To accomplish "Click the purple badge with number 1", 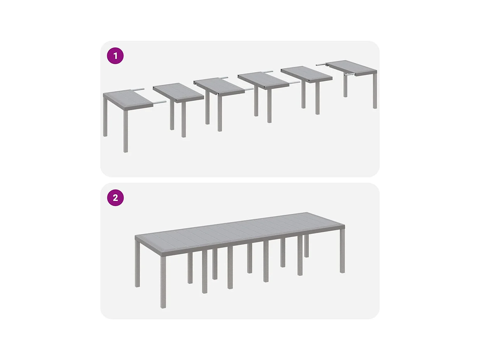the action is pos(115,56).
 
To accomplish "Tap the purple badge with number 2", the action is pos(115,198).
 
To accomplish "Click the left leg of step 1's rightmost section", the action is pos(345,86).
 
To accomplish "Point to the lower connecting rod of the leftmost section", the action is pos(160,102).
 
